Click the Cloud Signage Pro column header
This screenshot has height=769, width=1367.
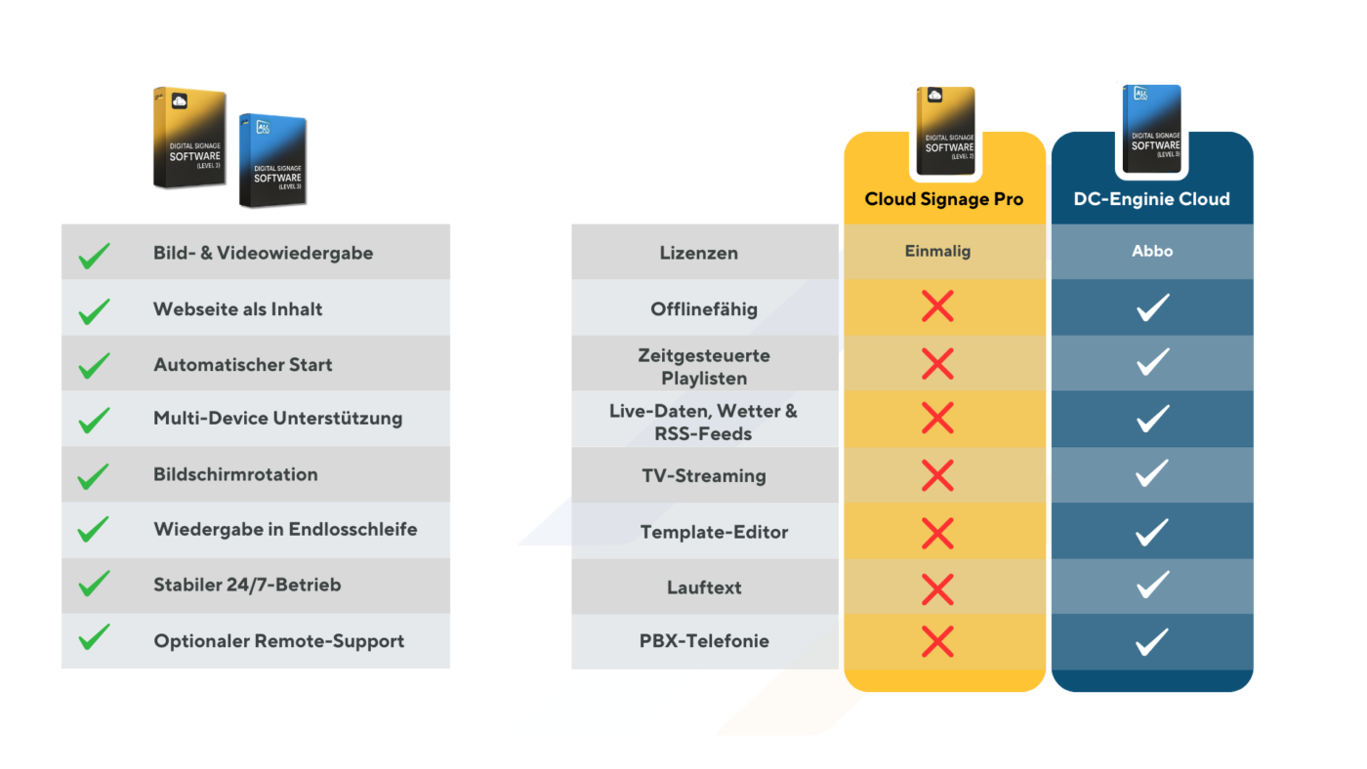(x=944, y=199)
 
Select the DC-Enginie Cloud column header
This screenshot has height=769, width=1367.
(x=1152, y=199)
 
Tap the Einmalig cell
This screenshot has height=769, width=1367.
(x=937, y=251)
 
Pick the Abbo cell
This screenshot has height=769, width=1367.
(x=1152, y=251)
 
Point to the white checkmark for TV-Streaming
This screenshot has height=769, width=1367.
(x=1153, y=474)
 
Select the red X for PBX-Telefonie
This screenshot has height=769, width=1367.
(x=937, y=641)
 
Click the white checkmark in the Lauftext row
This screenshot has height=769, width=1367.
(x=1153, y=586)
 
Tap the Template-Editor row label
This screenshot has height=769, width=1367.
(x=714, y=532)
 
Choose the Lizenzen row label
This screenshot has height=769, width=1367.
(x=698, y=253)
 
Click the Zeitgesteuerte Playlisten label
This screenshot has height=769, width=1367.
(x=704, y=366)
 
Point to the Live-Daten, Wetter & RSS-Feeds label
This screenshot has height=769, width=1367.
(x=704, y=422)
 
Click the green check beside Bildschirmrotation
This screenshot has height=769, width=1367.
(x=94, y=476)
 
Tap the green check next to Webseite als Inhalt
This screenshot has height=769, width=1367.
(x=94, y=311)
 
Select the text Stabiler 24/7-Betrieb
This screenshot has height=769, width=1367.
(x=247, y=585)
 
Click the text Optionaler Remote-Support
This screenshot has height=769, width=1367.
(x=278, y=641)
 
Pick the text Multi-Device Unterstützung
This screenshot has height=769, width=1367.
(x=277, y=418)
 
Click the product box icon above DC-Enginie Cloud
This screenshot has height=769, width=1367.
(x=1152, y=130)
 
